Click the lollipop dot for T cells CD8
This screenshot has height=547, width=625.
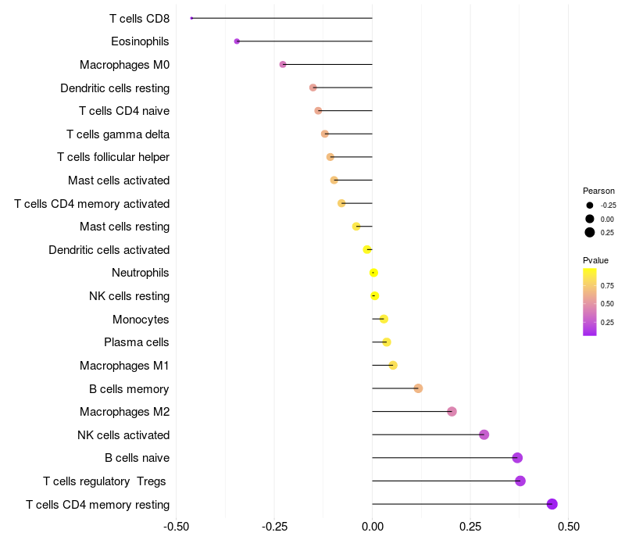191,18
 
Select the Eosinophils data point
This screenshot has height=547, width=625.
237,41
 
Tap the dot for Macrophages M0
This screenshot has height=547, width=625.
283,64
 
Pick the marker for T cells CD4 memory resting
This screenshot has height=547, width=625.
552,504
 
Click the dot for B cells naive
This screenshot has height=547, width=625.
517,458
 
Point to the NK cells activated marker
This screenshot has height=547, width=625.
484,434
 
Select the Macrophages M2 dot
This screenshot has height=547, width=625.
452,412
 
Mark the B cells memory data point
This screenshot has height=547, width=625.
418,388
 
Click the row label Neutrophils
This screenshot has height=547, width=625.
141,273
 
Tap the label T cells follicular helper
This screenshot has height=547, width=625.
113,157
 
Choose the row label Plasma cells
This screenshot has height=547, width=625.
137,342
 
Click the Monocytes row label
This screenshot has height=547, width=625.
141,319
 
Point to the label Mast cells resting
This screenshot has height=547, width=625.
124,227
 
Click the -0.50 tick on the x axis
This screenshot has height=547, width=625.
177,526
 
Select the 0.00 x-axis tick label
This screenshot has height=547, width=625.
373,526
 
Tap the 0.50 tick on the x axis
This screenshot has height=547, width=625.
569,526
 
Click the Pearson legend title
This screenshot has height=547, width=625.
598,191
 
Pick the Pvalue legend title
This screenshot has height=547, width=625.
595,260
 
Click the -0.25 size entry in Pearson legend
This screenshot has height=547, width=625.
590,206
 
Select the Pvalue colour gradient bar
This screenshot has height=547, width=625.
590,302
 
